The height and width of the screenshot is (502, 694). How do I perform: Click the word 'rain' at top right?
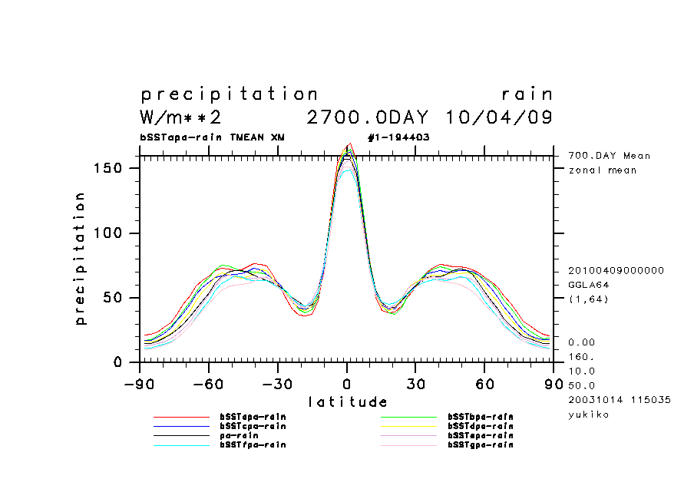click(527, 94)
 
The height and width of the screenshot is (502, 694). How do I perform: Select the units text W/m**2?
click(181, 118)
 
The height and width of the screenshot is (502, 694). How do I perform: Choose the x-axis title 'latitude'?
click(347, 401)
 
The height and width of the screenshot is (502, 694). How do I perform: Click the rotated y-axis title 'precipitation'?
click(80, 259)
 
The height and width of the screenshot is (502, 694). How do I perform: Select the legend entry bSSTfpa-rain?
click(253, 444)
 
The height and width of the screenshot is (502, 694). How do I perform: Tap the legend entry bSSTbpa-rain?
click(481, 417)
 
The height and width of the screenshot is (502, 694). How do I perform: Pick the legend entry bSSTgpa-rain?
click(481, 444)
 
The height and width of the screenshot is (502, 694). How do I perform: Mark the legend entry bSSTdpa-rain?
click(481, 426)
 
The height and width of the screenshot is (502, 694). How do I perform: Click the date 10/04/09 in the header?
click(498, 118)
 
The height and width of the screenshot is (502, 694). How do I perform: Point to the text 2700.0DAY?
click(367, 118)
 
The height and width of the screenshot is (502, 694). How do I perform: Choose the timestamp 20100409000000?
click(616, 270)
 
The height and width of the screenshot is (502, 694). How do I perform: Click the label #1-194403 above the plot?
click(398, 137)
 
